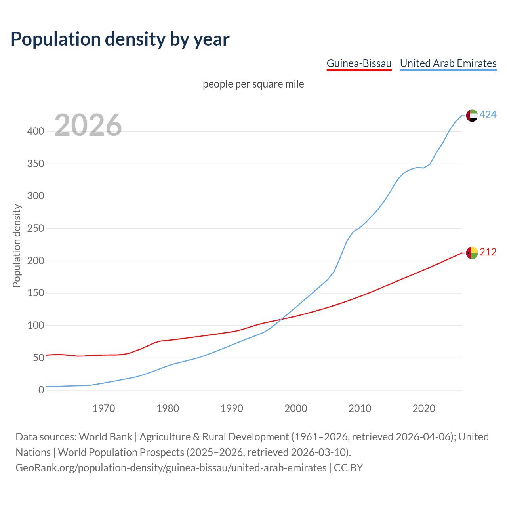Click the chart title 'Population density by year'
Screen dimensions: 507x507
pos(120,39)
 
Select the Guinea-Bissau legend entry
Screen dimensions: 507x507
pos(359,63)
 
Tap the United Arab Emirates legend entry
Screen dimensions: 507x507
pos(448,63)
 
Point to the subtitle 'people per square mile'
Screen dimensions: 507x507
pos(253,84)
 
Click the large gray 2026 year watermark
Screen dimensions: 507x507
pos(88,125)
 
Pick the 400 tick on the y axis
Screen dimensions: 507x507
pos(36,131)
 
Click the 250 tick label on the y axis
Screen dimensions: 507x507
pos(36,228)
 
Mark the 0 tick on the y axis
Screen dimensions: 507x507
pos(41,390)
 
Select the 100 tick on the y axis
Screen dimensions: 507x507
pos(36,325)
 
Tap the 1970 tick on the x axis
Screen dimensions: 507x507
pos(104,408)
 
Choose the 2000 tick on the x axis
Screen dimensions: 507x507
pos(296,408)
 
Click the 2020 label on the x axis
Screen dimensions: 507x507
pos(424,408)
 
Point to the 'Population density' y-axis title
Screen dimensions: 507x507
pos(17,246)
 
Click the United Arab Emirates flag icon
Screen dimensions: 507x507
pos(472,115)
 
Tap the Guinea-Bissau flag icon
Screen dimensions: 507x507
pos(472,253)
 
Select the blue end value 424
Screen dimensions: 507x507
pos(488,115)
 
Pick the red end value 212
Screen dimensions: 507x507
pos(488,252)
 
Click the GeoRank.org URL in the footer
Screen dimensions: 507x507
pos(171,468)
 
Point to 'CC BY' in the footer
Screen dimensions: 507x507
pos(348,468)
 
